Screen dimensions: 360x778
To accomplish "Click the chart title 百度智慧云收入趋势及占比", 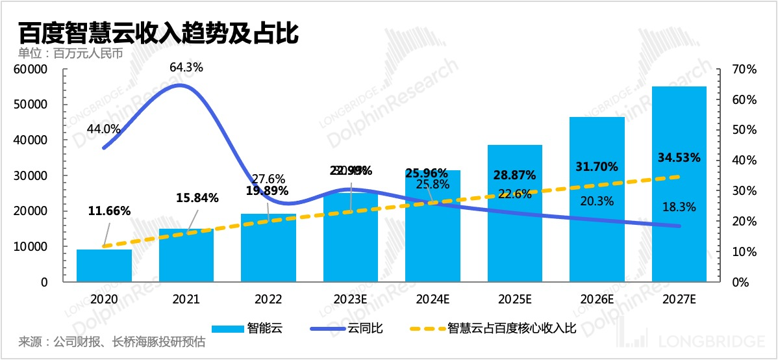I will point(158,32).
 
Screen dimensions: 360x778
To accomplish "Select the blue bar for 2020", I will point(104,266).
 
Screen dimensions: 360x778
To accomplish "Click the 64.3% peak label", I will point(186,67).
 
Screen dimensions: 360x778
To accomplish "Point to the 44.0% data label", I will point(104,129).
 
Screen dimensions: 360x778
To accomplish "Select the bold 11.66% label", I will point(110,211).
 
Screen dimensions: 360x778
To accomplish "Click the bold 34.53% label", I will point(679,157).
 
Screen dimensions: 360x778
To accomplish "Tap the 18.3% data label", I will point(680,207).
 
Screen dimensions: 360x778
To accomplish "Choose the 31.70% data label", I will point(596,166).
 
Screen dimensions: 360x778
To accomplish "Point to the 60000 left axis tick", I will point(31,69).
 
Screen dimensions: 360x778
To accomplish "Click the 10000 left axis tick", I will point(31,247).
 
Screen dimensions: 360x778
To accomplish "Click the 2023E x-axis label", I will point(351,300).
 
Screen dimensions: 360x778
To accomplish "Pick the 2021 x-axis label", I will point(186,300).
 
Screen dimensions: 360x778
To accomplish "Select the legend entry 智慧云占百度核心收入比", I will point(512,328).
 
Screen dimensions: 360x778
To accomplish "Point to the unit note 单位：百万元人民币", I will point(71,53).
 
